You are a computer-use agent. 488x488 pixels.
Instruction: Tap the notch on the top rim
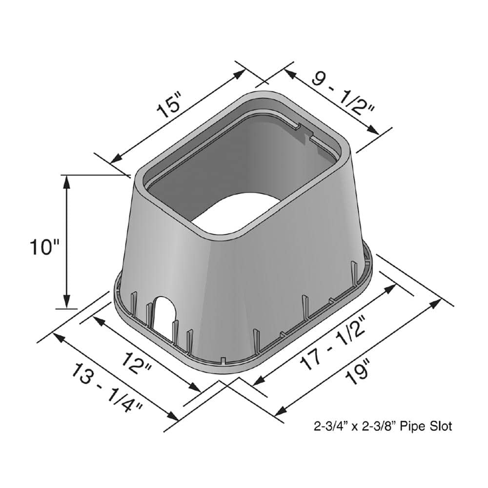(x=304, y=131)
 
